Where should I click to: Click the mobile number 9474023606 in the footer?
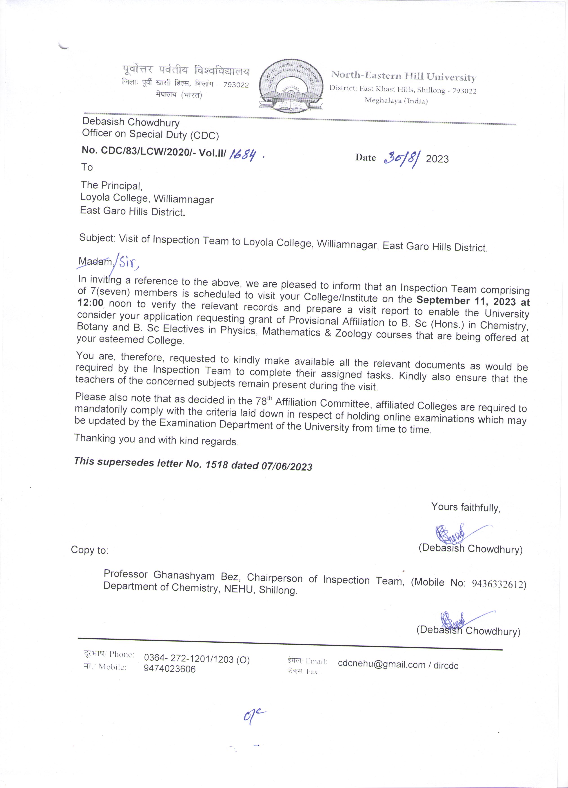pyautogui.click(x=170, y=669)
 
